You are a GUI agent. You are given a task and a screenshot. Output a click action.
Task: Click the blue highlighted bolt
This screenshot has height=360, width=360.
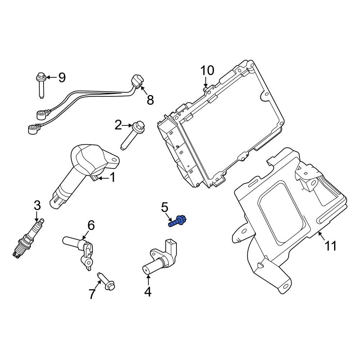coord(178,221)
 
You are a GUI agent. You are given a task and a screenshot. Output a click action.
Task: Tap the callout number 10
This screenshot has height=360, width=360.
coord(207,71)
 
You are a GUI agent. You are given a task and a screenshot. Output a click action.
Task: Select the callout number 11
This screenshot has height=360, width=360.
coord(330,246)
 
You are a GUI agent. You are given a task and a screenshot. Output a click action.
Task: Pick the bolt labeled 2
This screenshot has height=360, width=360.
coord(133,135)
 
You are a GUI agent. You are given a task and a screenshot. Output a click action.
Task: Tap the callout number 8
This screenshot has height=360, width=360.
coord(150,100)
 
